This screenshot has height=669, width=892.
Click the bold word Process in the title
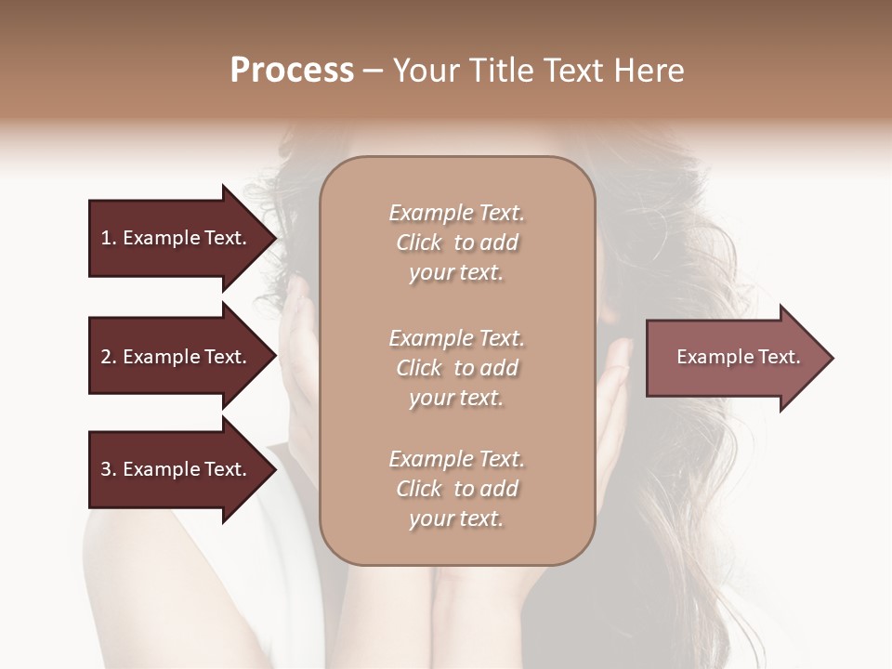click(292, 71)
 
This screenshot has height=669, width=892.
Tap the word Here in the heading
click(649, 71)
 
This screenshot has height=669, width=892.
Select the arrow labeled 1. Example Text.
click(177, 238)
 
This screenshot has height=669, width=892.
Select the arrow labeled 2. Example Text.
click(177, 357)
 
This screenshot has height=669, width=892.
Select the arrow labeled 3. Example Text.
click(177, 469)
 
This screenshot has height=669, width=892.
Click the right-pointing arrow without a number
click(734, 357)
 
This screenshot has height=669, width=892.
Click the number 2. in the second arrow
click(109, 357)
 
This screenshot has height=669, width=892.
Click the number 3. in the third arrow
click(109, 469)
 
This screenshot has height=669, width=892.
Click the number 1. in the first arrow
click(109, 238)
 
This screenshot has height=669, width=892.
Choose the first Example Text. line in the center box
click(456, 213)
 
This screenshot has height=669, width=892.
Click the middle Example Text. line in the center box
click(456, 337)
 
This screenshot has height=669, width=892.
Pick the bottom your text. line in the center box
click(456, 518)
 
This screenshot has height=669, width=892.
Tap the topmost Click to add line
click(456, 243)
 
